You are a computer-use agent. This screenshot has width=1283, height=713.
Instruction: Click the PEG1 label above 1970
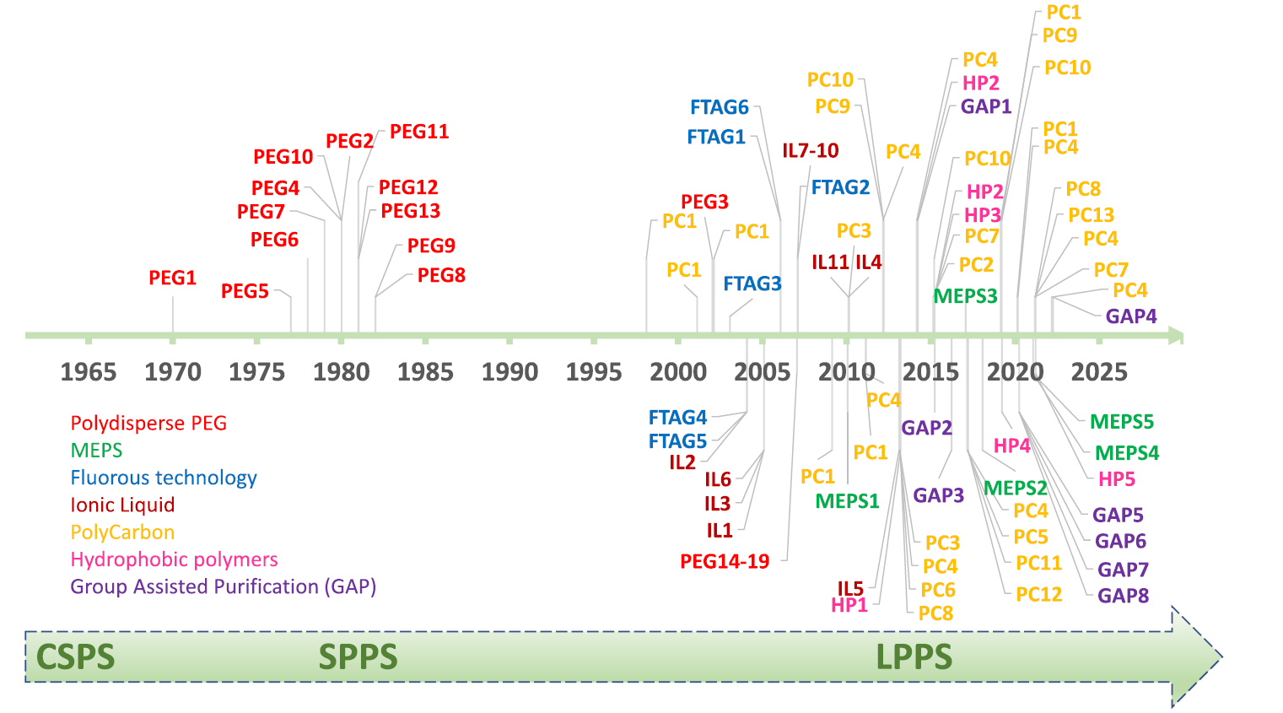(x=172, y=278)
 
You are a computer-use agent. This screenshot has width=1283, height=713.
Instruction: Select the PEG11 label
(x=419, y=132)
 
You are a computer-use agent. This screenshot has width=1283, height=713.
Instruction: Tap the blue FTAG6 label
(x=719, y=107)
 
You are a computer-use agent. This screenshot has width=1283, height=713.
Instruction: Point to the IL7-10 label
(x=810, y=150)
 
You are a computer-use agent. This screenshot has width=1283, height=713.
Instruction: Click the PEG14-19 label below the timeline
(x=725, y=561)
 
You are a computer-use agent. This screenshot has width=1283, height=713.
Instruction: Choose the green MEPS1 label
(x=847, y=501)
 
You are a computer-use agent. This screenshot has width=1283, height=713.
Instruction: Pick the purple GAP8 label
(x=1123, y=596)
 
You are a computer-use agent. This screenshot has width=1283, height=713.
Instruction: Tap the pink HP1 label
(x=849, y=605)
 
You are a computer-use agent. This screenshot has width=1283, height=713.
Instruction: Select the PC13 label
(x=1091, y=215)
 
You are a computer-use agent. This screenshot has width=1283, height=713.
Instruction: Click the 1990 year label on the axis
(x=509, y=372)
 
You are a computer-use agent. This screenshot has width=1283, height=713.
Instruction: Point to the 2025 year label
(x=1098, y=372)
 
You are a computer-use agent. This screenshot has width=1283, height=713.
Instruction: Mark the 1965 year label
(x=89, y=372)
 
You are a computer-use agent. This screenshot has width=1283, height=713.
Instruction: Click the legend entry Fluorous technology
(x=164, y=478)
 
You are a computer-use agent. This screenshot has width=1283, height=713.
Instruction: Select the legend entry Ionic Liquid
(x=122, y=505)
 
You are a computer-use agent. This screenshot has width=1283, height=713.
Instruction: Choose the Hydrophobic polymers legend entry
(x=174, y=559)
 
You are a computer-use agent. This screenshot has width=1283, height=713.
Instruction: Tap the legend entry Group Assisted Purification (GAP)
(x=223, y=586)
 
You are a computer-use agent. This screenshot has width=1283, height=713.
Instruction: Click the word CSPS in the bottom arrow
(x=75, y=657)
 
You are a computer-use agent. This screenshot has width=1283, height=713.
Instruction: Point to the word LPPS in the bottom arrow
(x=914, y=657)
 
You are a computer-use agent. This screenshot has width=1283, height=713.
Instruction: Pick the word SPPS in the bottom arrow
(x=358, y=657)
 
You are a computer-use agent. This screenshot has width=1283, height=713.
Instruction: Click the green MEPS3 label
(x=965, y=296)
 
